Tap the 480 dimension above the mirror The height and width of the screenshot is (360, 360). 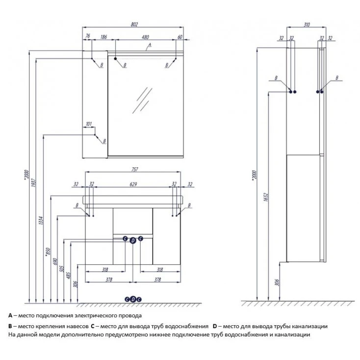tap(145, 36)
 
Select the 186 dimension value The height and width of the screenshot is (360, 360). tap(103, 36)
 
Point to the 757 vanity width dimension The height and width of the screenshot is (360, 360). tap(134, 169)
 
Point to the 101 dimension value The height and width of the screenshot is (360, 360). tap(89, 124)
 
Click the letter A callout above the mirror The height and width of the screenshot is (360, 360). tap(150, 45)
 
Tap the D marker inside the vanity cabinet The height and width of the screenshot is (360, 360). tap(133, 239)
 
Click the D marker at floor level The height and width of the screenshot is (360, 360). tap(133, 299)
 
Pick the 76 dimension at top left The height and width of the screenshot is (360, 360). tap(87, 36)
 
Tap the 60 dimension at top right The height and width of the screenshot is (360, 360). tap(180, 36)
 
